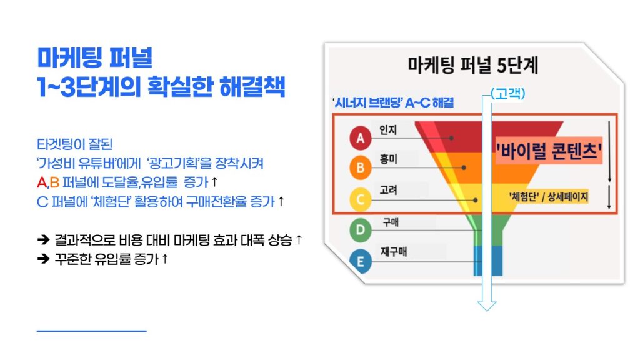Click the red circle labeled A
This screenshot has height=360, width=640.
(360, 138)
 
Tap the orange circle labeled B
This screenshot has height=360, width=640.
(361, 167)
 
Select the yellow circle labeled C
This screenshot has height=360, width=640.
(361, 199)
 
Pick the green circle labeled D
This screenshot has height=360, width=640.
(361, 230)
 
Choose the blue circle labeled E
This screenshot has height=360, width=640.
(361, 261)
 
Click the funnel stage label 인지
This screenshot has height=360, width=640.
(387, 130)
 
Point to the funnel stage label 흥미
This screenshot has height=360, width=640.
(388, 159)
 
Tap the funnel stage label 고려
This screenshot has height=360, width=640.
(388, 190)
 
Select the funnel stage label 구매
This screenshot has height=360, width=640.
(391, 222)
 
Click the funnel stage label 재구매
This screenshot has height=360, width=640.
(394, 251)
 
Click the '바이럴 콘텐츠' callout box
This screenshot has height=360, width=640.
(549, 150)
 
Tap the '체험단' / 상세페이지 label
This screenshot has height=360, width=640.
(548, 197)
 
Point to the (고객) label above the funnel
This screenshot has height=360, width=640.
(507, 94)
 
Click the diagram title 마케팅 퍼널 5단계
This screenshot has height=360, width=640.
(473, 65)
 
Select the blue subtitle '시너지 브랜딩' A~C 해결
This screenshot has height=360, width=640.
(394, 102)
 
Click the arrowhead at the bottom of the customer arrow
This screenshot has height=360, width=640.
(487, 306)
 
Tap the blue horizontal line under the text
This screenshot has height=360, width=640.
(91, 331)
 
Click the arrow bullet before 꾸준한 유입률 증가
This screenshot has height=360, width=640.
(43, 258)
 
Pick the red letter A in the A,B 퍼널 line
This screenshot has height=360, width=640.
(42, 182)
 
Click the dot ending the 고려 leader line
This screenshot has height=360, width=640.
(476, 201)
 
